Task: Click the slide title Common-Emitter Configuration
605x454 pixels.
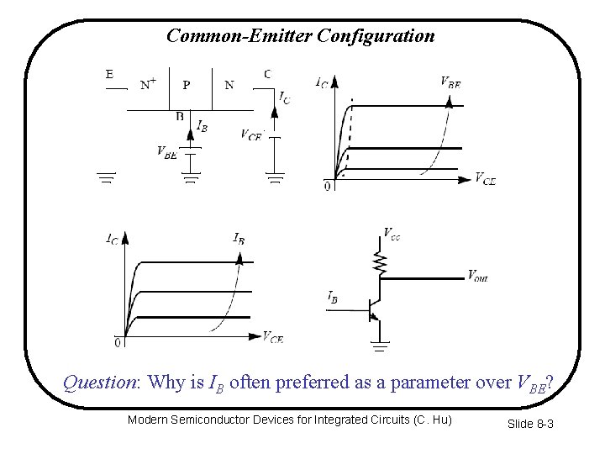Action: click(x=300, y=36)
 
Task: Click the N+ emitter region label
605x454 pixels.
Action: click(x=148, y=83)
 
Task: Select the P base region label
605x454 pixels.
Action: click(x=187, y=83)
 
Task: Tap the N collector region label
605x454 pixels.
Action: click(x=229, y=83)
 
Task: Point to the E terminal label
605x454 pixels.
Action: click(x=109, y=73)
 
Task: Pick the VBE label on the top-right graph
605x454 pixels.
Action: click(x=450, y=82)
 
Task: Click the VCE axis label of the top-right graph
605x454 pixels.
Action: click(x=485, y=177)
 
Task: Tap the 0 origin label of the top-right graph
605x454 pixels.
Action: click(x=327, y=187)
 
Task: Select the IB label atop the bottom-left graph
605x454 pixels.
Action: click(x=239, y=238)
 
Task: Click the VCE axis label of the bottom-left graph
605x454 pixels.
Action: click(x=271, y=338)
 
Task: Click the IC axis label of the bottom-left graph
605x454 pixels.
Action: click(x=112, y=239)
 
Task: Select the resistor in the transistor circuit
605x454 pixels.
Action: click(x=381, y=265)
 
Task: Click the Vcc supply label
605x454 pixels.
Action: click(x=392, y=233)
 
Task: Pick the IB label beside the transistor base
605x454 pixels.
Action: click(x=334, y=297)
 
